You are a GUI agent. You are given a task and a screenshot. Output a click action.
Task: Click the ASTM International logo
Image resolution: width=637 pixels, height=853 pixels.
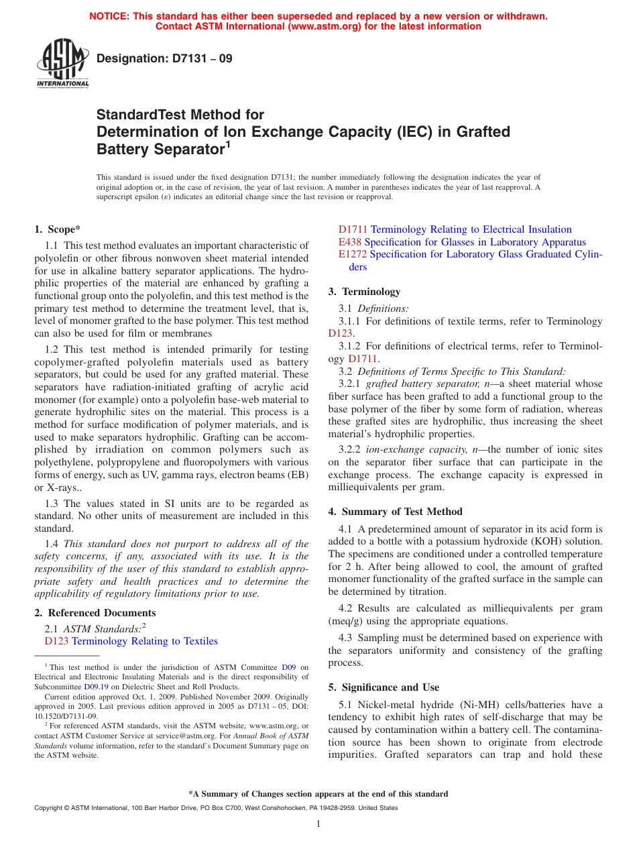point(62,64)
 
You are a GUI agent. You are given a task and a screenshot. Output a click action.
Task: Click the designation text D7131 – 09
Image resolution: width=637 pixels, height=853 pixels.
point(164,58)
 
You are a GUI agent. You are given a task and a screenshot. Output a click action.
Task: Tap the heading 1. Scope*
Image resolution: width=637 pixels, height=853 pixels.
point(58,229)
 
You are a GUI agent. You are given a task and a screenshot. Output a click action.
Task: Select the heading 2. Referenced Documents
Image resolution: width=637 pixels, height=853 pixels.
point(95,613)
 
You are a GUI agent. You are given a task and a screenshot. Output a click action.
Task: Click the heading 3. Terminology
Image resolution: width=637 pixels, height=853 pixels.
point(364,292)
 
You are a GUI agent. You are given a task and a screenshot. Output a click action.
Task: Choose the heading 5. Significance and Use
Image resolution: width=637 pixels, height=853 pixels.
point(384,687)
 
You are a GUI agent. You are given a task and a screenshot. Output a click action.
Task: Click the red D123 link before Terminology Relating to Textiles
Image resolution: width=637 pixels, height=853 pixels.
point(56,642)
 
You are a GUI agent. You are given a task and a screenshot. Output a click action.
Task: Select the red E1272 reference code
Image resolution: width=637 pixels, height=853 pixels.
point(353,255)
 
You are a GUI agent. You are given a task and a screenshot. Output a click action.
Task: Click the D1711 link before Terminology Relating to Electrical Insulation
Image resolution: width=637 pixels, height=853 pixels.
point(353,229)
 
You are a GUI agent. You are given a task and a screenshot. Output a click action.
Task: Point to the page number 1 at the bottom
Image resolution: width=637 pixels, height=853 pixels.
point(318,824)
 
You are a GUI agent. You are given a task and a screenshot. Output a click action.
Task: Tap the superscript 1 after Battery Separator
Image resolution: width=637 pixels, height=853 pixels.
point(228,144)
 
